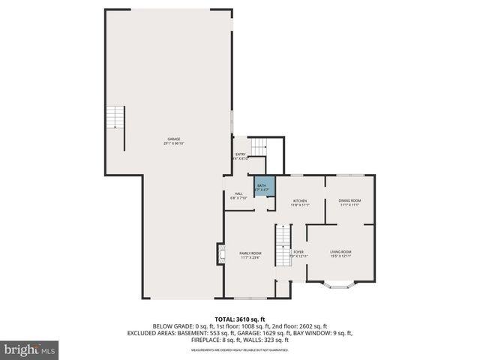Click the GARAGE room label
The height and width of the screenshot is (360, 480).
tap(174, 139)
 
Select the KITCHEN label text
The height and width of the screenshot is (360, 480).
tap(300, 201)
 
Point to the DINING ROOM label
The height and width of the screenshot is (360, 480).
tap(349, 200)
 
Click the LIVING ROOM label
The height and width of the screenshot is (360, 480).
tap(341, 251)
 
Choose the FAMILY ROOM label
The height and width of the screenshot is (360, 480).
tap(250, 253)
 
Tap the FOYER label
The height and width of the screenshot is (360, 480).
tap(298, 252)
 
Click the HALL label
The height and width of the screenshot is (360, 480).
tap(238, 193)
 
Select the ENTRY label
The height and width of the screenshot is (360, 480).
tap(241, 154)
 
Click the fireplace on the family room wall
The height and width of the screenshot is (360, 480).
tap(220, 255)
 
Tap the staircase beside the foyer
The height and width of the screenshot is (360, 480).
tap(282, 245)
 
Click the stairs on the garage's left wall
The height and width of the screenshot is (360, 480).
tap(114, 118)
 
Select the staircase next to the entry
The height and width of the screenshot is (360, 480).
tap(258, 146)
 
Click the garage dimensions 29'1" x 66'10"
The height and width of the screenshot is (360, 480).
tap(174, 143)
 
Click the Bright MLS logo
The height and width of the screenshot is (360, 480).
tap(30, 350)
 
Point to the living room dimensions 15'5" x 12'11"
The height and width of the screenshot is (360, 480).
tap(341, 256)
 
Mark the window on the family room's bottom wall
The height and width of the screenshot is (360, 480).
tap(241, 298)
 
